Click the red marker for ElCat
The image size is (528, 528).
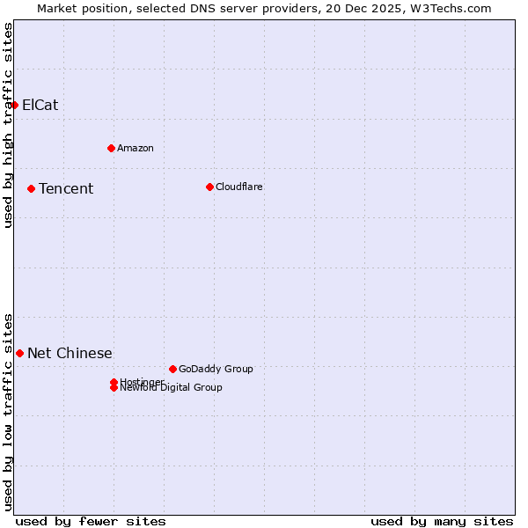coord(14,105)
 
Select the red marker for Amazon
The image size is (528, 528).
coord(111,148)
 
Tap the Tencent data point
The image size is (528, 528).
coord(31,188)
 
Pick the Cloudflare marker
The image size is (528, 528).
coord(209,187)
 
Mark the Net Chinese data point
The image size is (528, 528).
coord(19,353)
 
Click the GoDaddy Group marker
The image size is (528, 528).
coord(172,369)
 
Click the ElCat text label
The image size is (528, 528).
coord(40,106)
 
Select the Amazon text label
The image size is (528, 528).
coord(136,148)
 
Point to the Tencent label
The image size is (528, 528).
coord(66,189)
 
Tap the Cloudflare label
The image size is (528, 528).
coord(239,187)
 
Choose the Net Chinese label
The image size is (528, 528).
coord(70,354)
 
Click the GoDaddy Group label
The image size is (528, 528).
coord(216,369)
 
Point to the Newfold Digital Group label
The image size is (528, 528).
coord(172,388)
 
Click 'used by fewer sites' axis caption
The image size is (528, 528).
coord(91,521)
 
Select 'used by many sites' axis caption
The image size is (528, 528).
coord(442,521)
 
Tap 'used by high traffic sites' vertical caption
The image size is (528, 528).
coord(9,126)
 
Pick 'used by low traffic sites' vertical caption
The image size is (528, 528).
coord(9,411)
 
